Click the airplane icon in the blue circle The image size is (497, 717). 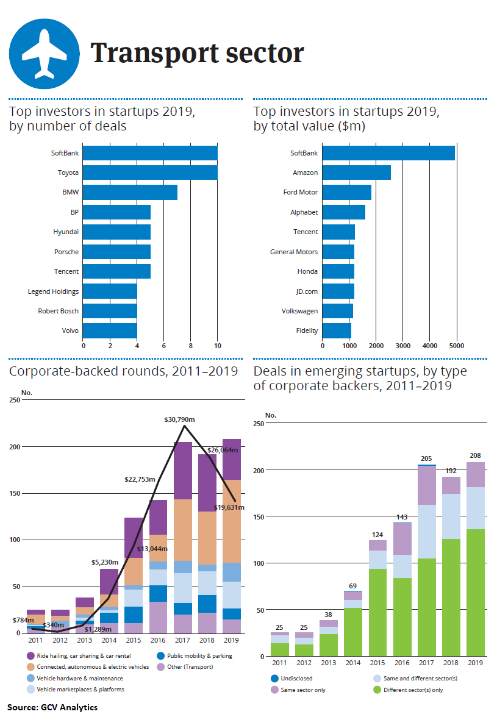[x=44, y=54]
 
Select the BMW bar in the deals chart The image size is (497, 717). [x=130, y=193]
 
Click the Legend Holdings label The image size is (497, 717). [x=53, y=291]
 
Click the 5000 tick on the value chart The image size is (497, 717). [x=456, y=345]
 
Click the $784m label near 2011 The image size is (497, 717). [x=23, y=620]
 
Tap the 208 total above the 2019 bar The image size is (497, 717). [x=476, y=455]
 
